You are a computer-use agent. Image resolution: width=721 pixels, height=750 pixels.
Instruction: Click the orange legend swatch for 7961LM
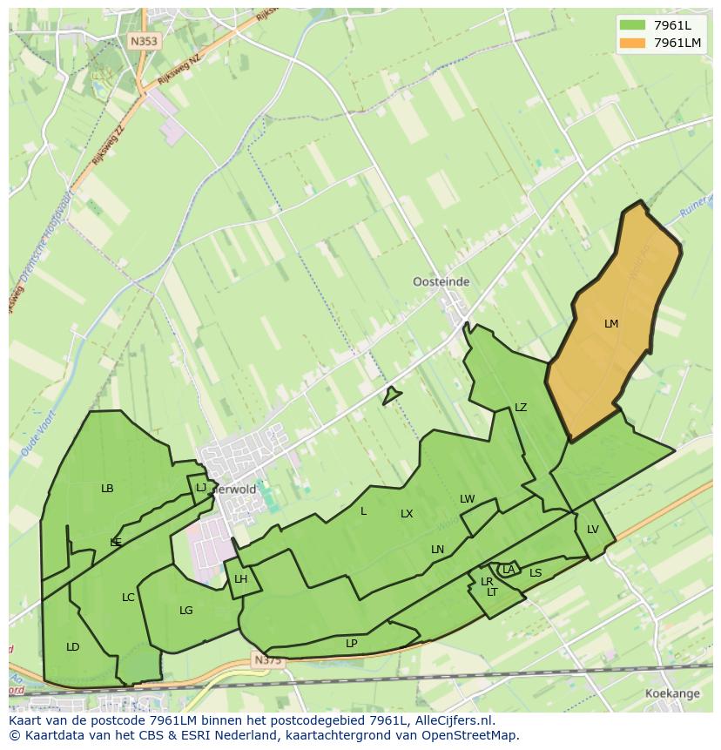click(633, 43)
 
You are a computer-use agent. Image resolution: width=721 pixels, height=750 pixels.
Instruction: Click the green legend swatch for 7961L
click(633, 24)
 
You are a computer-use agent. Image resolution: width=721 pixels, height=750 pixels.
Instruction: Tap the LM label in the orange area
click(611, 324)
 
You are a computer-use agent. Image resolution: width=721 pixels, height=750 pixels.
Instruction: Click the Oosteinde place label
click(441, 282)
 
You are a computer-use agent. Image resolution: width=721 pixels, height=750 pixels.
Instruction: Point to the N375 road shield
click(268, 661)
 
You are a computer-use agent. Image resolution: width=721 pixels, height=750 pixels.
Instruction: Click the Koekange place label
click(671, 693)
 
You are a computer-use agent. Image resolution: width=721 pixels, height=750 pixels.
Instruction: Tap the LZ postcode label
click(521, 408)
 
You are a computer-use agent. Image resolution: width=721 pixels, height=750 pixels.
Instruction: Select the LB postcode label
click(107, 489)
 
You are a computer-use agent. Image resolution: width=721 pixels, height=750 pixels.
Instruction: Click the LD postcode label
click(73, 647)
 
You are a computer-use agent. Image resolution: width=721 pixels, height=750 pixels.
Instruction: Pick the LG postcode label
click(185, 611)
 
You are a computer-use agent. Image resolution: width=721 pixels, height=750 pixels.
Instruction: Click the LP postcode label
click(351, 644)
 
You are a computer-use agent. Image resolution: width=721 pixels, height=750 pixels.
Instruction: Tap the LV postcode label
click(593, 530)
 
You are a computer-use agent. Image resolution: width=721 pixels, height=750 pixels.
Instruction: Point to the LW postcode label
click(468, 499)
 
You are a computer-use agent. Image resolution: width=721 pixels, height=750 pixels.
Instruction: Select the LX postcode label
click(407, 514)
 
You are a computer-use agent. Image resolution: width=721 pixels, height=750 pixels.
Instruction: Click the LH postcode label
click(241, 579)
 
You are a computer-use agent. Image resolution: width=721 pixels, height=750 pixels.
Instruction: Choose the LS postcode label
click(536, 573)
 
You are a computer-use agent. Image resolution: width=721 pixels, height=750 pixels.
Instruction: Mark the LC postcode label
click(128, 598)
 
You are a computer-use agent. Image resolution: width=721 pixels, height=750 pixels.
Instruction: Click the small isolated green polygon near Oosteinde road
click(391, 395)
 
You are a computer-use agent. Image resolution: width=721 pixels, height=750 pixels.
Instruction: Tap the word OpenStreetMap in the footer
click(471, 735)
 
